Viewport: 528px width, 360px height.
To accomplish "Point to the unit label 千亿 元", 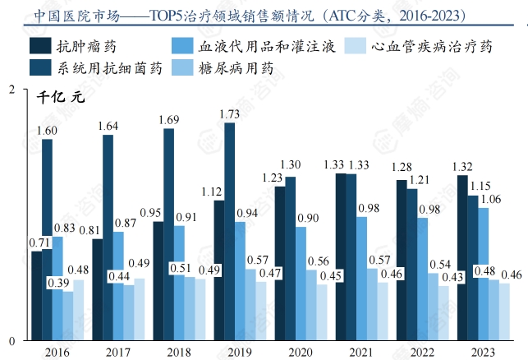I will (x=61, y=96).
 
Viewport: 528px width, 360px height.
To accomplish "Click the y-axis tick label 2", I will (x=11, y=88).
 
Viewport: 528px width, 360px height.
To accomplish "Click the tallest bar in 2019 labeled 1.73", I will (x=229, y=230).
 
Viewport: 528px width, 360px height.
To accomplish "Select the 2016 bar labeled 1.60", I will (x=47, y=238).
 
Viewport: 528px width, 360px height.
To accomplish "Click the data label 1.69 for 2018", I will (x=168, y=120).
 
